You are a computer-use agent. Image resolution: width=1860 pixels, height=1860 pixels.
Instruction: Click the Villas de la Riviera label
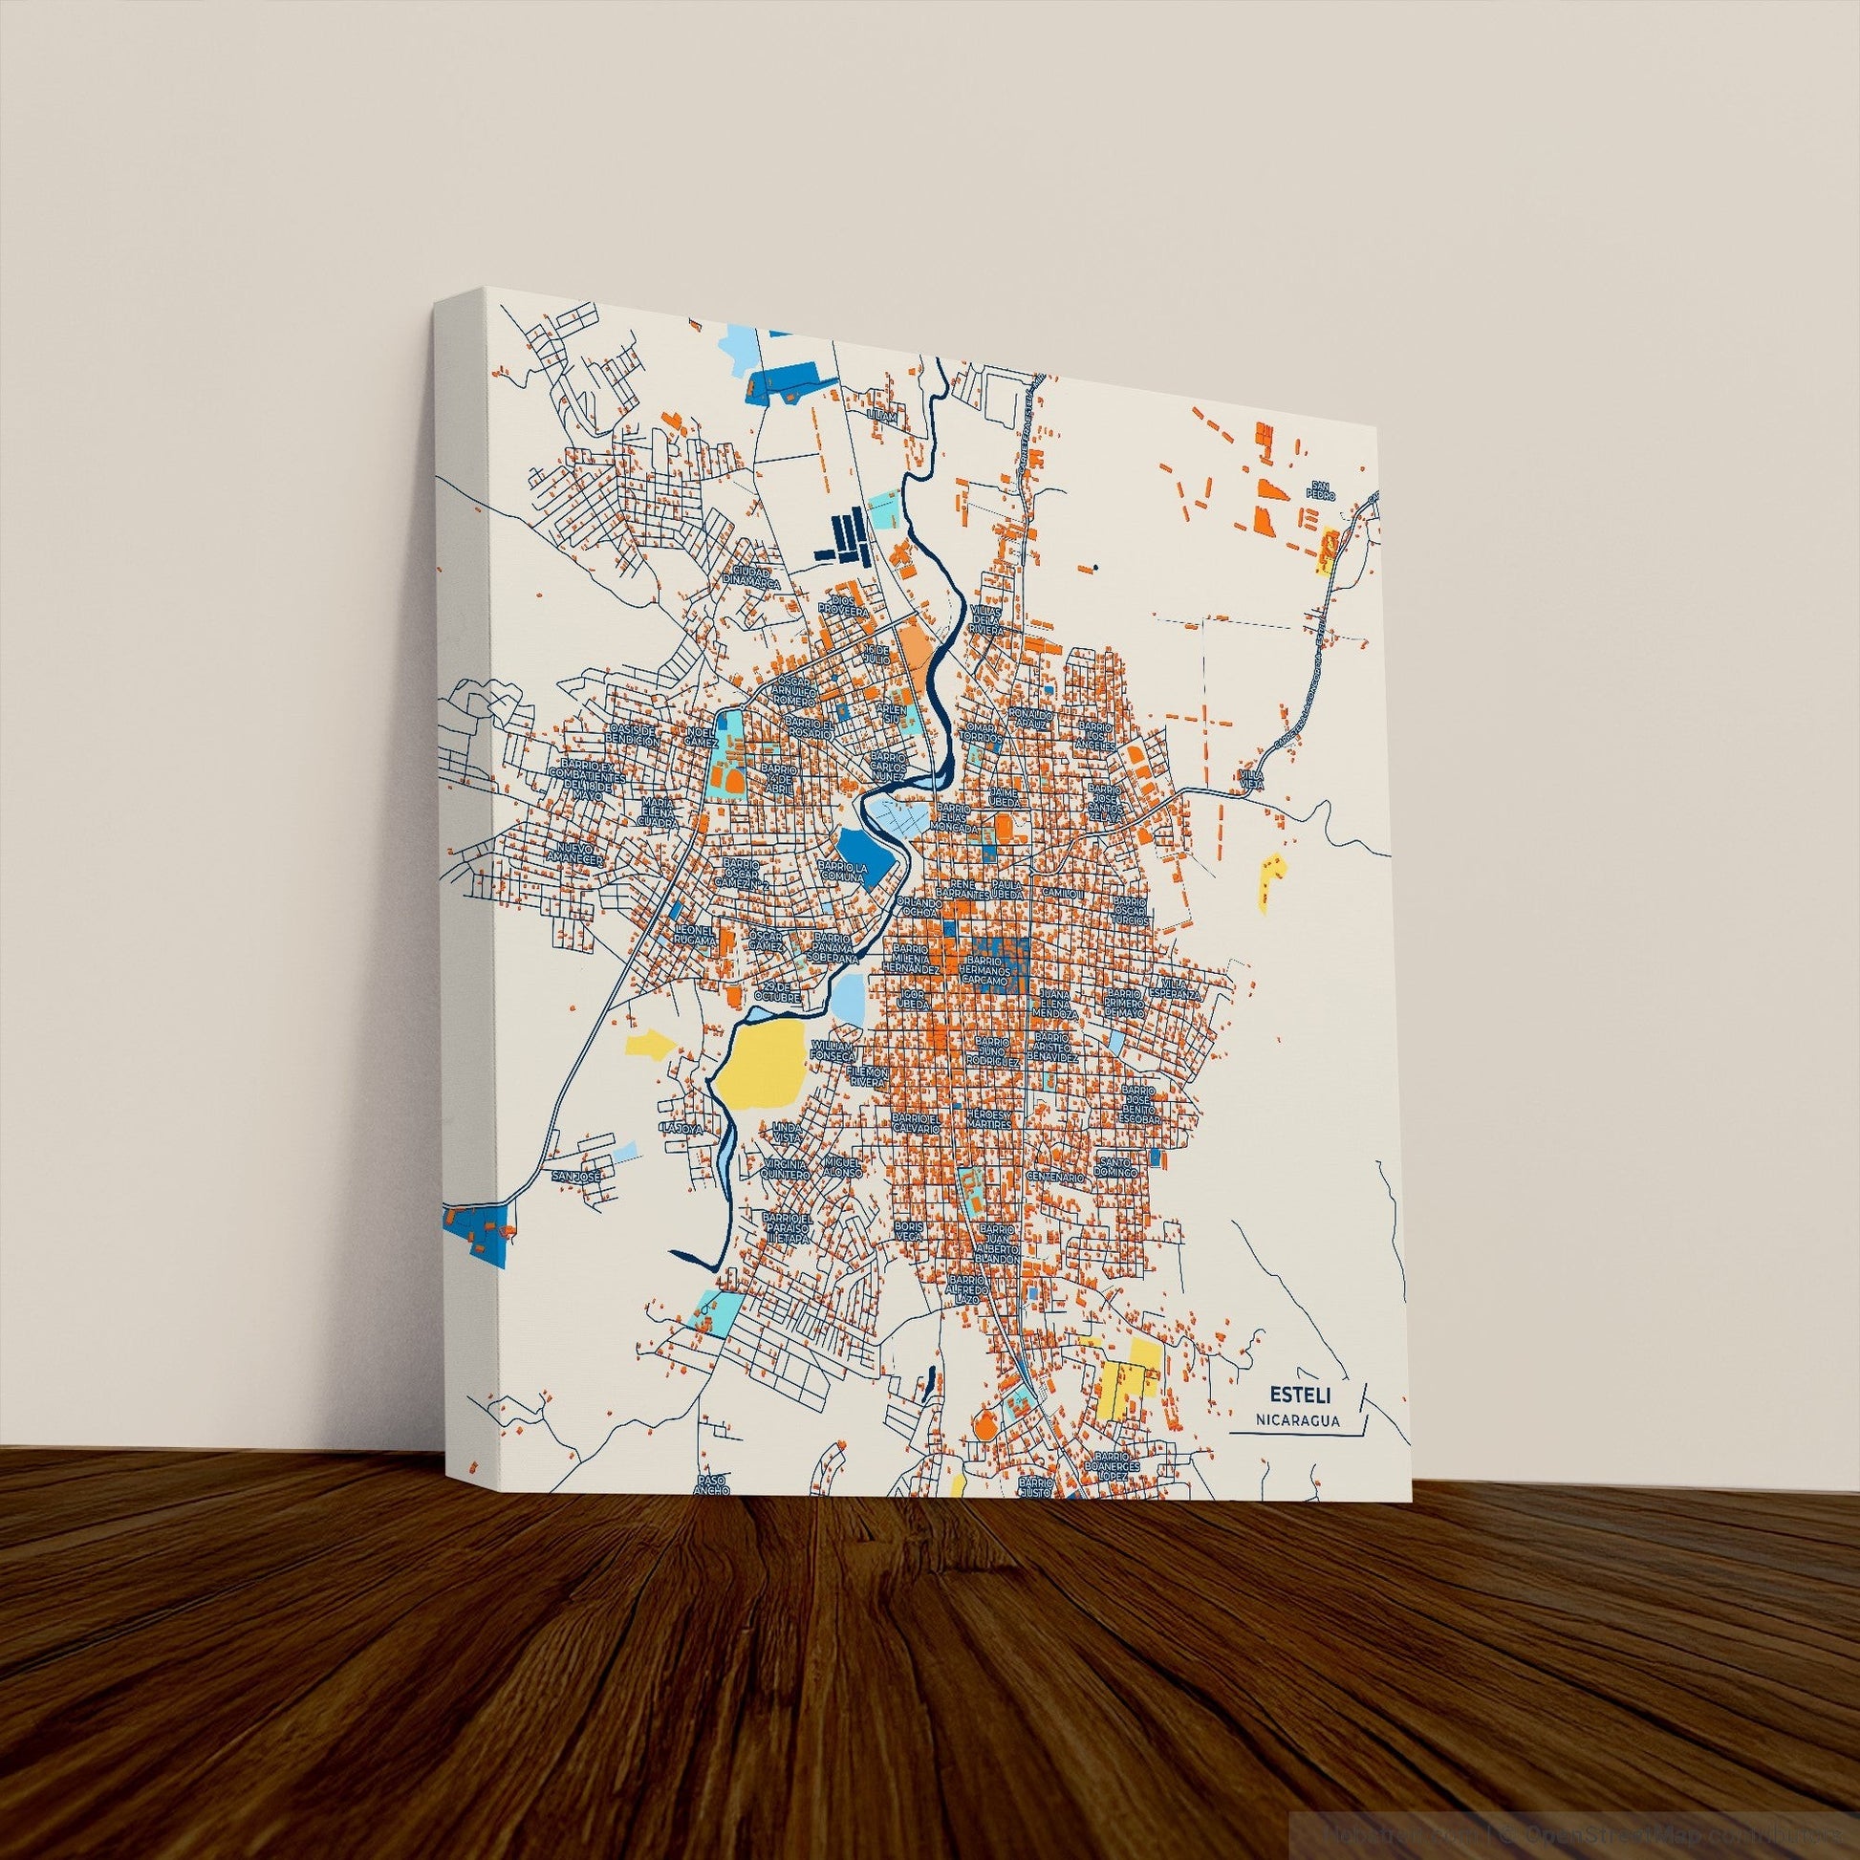click(986, 617)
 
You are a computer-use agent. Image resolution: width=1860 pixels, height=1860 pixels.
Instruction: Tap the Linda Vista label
click(787, 1133)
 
